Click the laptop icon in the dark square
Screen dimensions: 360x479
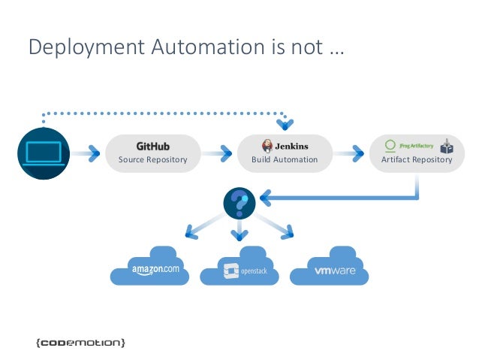pos(43,153)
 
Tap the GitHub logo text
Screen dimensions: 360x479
pos(152,145)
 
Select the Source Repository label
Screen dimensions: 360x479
pos(152,159)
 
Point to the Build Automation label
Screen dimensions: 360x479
pos(285,159)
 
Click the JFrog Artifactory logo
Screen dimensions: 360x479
pos(409,145)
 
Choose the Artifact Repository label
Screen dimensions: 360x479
pos(417,159)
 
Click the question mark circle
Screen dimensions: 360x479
pos(239,201)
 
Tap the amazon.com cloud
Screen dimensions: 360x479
pos(151,267)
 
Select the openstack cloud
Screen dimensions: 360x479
pos(241,268)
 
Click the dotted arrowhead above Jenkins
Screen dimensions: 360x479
pos(285,123)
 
